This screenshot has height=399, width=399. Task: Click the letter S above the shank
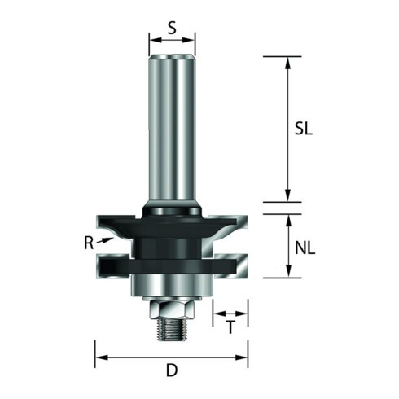pos(172,28)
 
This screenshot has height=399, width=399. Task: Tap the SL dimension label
pos(304,129)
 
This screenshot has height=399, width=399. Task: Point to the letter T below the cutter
pos(230,327)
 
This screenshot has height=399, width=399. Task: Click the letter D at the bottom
pos(172,370)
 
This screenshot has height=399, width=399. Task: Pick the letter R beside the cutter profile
pos(89,243)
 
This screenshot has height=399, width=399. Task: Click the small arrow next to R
pos(105,240)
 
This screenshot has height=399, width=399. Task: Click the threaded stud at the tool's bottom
pos(172,329)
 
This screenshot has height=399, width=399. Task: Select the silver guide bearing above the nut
pos(172,285)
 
